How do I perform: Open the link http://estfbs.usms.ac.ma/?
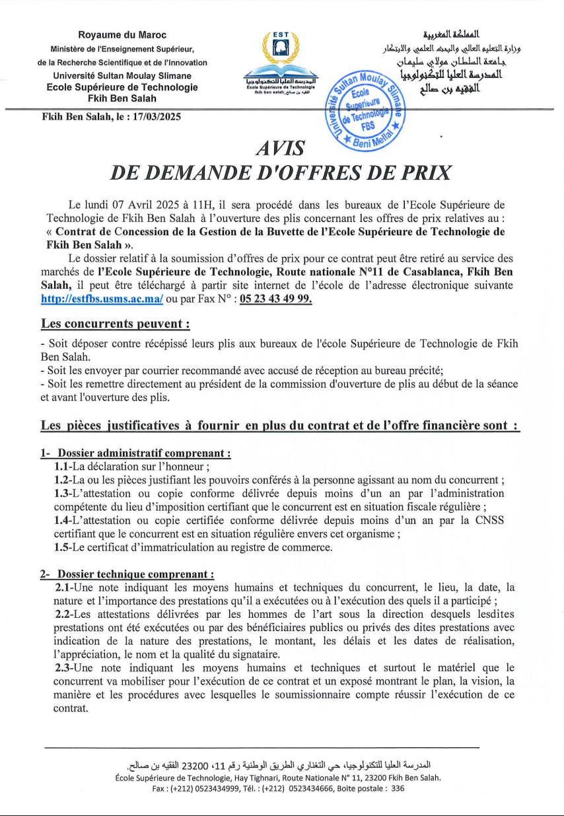tap(102, 299)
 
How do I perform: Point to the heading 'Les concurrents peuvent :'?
tap(116, 324)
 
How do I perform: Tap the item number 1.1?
tap(63, 466)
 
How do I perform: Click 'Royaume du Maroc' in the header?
tap(122, 35)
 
